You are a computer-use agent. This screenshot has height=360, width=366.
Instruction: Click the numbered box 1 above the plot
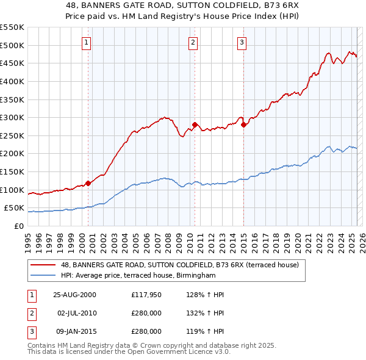[87, 43]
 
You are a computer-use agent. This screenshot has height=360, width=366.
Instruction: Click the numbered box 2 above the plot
[193, 43]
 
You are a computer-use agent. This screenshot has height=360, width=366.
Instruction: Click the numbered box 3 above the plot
[242, 43]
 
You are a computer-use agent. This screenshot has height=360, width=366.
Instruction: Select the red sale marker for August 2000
[88, 182]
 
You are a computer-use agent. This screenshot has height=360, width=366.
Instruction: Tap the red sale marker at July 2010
[195, 124]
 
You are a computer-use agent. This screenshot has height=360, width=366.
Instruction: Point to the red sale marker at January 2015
[243, 124]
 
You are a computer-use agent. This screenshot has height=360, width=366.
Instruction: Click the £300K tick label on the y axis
[12, 117]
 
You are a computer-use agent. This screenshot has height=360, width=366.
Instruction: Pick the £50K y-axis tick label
[15, 208]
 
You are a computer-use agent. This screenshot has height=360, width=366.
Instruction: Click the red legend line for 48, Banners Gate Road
[43, 265]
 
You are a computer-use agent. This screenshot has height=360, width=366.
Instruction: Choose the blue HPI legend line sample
[43, 276]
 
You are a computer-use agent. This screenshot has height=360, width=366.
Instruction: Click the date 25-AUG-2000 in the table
[74, 295]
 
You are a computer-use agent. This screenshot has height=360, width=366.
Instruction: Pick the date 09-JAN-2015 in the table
[74, 331]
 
